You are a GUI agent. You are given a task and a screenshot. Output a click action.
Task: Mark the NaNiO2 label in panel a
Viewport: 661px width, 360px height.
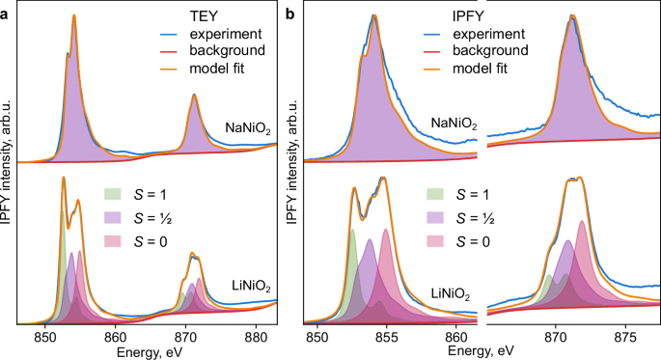tap(246, 127)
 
